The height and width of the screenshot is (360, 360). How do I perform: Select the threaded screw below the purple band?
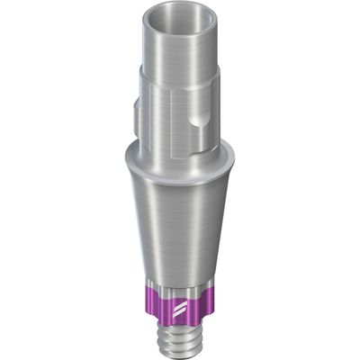click(180, 337)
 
